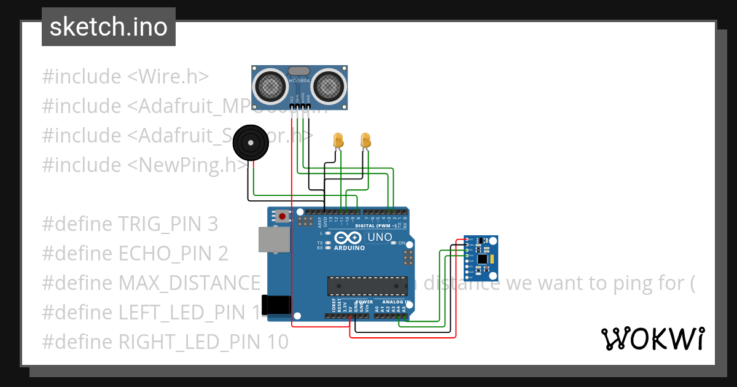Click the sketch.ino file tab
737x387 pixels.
pos(108,27)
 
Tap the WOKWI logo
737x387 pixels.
pos(652,338)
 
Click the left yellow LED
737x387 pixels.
pos(337,140)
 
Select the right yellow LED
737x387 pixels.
pos(366,140)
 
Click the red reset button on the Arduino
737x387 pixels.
pos(282,216)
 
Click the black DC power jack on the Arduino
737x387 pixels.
pos(276,305)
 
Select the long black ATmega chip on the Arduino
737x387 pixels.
pos(367,286)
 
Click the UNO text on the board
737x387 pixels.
pos(379,237)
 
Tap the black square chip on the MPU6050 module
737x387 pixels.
pos(483,259)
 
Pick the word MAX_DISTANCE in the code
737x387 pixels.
pos(189,283)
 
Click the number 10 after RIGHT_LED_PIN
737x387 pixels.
pos(278,342)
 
